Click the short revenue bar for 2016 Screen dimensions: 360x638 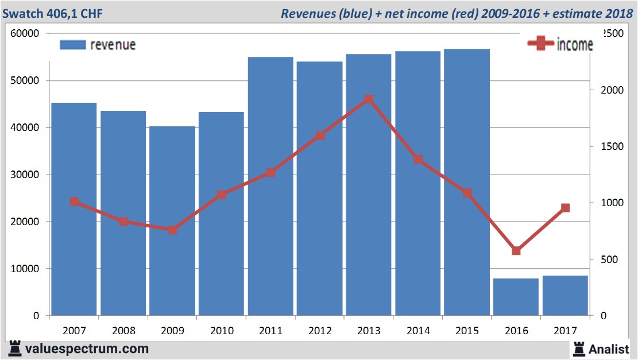pyautogui.click(x=516, y=297)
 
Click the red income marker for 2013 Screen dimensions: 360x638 pyautogui.click(x=369, y=99)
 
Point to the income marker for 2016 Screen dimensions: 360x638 pyautogui.click(x=516, y=250)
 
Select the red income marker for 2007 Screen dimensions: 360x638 pyautogui.click(x=74, y=202)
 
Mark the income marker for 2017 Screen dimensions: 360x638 pyautogui.click(x=565, y=208)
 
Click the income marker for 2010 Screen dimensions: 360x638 pyautogui.click(x=222, y=195)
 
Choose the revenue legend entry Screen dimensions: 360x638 pyautogui.click(x=98, y=45)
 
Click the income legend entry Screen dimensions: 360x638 pyautogui.click(x=560, y=44)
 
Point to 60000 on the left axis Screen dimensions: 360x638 pyautogui.click(x=25, y=33)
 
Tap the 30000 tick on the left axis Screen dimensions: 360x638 pyautogui.click(x=25, y=175)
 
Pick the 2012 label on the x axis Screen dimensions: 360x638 pyautogui.click(x=320, y=331)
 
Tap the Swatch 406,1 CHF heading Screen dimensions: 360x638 pyautogui.click(x=53, y=13)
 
